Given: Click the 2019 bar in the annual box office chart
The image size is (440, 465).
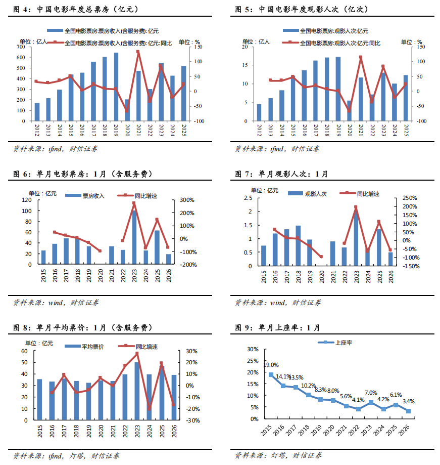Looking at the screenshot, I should [x=116, y=87].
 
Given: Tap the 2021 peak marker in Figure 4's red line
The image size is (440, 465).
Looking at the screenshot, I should [x=138, y=51].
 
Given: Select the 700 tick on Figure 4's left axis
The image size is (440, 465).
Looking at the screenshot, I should [x=21, y=47].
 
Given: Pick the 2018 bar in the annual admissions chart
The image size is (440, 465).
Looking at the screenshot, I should [x=327, y=90].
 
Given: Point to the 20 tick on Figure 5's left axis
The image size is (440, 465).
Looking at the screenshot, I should [x=245, y=47].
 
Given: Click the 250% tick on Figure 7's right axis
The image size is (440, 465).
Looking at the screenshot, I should [x=410, y=198].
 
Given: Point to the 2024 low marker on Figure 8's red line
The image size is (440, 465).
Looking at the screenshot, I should [x=149, y=408].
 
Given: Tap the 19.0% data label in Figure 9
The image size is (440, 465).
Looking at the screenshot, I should [x=271, y=365].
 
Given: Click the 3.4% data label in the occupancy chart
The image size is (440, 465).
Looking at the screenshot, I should [x=409, y=401].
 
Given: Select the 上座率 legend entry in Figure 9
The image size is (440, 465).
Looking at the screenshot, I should [x=344, y=343].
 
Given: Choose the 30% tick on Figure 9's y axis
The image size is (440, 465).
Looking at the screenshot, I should [x=253, y=349].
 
